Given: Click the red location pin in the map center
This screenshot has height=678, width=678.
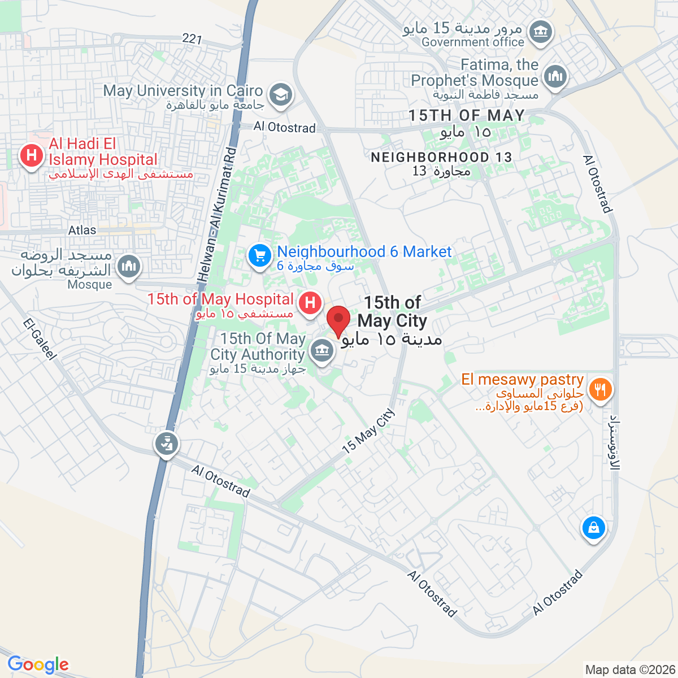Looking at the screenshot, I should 338,320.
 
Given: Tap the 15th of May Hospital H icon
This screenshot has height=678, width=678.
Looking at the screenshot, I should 310,302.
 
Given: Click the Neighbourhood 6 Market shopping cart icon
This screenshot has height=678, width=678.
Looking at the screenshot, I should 260,257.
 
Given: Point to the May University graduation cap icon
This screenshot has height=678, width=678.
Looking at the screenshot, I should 280,94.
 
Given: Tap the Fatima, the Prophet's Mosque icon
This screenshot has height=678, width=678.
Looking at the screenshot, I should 555,76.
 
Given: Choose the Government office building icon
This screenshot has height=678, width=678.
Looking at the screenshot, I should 542,31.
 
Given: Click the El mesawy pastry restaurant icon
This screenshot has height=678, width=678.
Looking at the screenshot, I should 600,389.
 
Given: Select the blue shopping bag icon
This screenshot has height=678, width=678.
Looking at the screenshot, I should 593,528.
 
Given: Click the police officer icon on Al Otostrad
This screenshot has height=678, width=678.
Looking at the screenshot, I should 166,444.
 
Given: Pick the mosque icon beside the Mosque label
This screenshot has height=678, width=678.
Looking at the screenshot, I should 129,265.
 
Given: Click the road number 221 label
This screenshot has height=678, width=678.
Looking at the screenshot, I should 192,38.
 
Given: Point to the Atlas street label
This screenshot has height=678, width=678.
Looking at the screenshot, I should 82,231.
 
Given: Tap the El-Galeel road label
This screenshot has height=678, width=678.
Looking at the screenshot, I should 40,339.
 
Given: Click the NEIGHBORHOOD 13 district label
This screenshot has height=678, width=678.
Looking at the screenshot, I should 441,157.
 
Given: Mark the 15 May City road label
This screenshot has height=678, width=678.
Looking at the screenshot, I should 368,431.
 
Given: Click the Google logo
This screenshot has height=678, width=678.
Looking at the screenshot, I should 38,665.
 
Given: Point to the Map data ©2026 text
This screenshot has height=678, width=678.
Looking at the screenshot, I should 629,670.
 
